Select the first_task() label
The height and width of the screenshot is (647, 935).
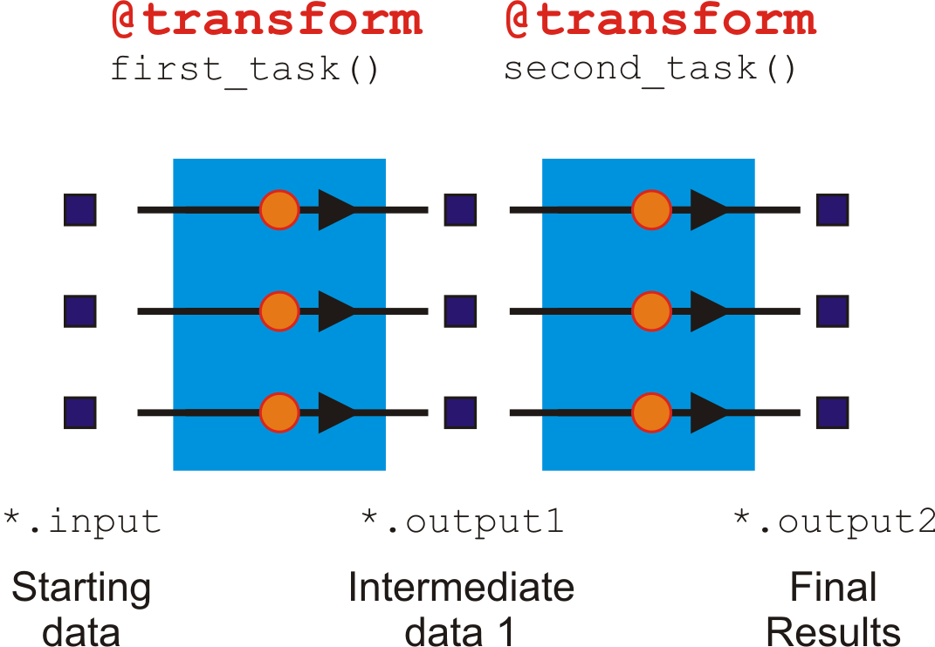click(245, 69)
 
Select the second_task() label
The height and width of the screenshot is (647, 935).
click(650, 69)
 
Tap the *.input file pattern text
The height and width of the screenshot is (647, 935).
click(82, 521)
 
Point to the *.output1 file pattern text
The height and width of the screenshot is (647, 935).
click(462, 521)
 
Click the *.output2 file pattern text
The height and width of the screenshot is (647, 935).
click(835, 521)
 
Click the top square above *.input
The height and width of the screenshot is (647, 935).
click(80, 210)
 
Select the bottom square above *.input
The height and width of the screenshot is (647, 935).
click(80, 412)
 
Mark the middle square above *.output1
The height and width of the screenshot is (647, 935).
click(460, 311)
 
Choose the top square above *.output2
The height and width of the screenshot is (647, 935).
click(832, 210)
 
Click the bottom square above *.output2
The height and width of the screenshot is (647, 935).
click(832, 412)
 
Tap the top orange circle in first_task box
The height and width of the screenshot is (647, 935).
click(279, 210)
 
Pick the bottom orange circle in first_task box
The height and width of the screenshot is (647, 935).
click(279, 412)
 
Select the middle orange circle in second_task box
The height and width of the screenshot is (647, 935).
click(651, 311)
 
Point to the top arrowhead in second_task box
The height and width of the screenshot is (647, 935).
click(707, 210)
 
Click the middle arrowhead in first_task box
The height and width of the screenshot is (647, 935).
click(336, 311)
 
